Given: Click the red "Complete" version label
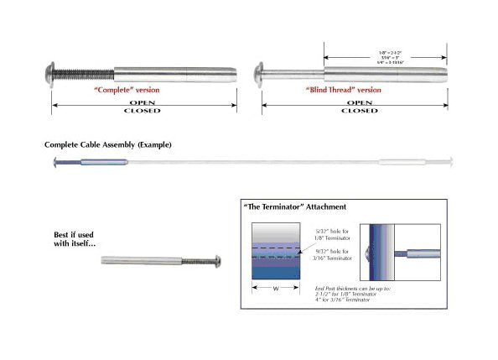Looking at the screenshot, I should coord(126,89).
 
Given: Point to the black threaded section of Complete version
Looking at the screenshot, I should coord(85,72).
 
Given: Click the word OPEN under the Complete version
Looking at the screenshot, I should coord(142,102).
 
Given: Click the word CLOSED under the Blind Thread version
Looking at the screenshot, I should coord(357,111).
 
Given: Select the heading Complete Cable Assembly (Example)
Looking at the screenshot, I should coord(108,145).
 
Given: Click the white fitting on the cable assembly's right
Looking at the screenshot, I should coord(406,162).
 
